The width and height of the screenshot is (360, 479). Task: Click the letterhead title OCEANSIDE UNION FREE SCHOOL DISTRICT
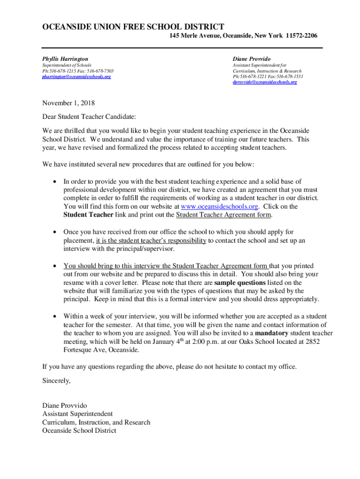pos(133,27)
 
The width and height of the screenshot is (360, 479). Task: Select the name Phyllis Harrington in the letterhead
pos(65,59)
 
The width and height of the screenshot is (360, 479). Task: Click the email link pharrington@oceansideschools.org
pos(77,76)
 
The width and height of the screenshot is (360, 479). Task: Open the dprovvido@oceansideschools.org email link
pos(265,82)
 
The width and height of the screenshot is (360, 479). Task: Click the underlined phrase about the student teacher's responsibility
pos(151,240)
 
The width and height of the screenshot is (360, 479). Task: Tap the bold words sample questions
pos(239,283)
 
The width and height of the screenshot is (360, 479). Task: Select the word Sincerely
pos(56,381)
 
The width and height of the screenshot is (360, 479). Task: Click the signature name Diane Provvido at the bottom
pos(65,405)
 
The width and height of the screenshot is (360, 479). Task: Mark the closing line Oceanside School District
pos(79,430)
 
